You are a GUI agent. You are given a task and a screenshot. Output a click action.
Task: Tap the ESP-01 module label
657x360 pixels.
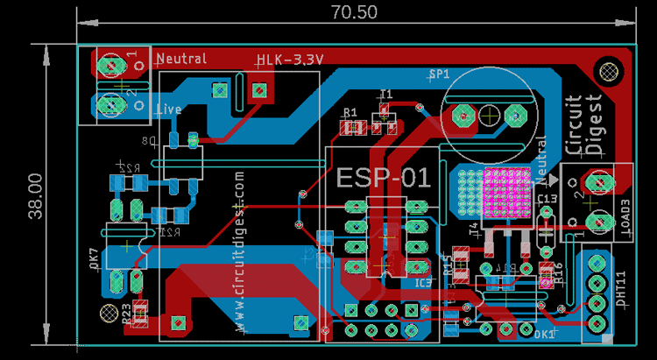tap(384, 178)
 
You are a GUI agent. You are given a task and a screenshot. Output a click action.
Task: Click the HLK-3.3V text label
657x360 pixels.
tap(290, 60)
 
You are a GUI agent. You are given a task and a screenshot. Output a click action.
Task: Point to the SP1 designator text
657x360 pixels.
tap(438, 74)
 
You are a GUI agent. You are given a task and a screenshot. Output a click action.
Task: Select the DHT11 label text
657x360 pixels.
tap(621, 290)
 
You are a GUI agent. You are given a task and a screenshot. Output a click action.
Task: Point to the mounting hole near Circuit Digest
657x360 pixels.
tap(606, 70)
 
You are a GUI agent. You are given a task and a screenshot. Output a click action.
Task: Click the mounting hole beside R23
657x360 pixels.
tap(109, 313)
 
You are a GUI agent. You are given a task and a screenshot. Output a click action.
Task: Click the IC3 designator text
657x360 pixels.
tap(423, 283)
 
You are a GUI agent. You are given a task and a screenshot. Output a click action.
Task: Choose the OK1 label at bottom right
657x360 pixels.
tap(544, 334)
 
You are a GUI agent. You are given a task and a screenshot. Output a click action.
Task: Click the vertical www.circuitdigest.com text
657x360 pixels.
tap(239, 250)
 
